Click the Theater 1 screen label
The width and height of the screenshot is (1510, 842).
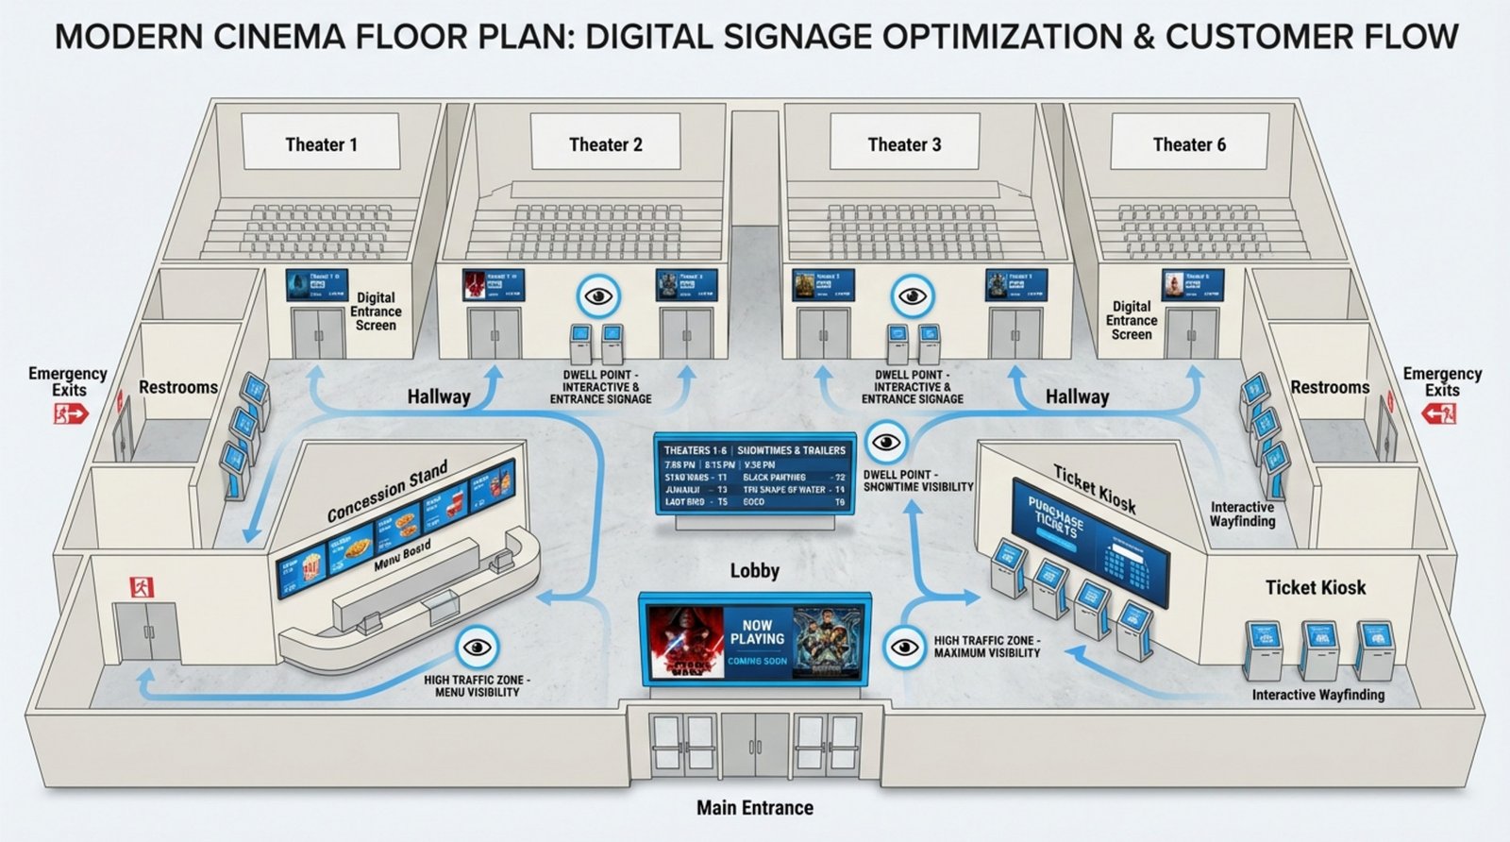tap(321, 144)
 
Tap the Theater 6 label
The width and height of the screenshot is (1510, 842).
tap(1189, 144)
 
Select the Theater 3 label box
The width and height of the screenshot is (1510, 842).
tap(904, 144)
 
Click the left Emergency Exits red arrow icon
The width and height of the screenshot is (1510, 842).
tap(70, 413)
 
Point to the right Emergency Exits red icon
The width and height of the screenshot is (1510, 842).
tap(1440, 413)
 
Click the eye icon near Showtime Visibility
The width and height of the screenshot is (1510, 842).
tap(885, 442)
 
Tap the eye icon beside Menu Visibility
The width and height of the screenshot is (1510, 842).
tap(478, 648)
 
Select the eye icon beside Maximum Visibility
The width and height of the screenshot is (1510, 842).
tap(905, 648)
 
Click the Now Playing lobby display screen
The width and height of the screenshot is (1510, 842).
tap(755, 639)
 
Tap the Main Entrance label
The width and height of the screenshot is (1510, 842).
tap(754, 808)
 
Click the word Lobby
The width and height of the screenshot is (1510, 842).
tap(754, 570)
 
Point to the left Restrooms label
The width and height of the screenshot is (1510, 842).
tap(178, 387)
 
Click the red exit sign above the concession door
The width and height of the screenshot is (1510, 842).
tap(141, 587)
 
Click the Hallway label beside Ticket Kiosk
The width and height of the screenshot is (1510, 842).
tap(1077, 396)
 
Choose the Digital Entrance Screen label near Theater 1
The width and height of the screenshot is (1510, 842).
tap(376, 312)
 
